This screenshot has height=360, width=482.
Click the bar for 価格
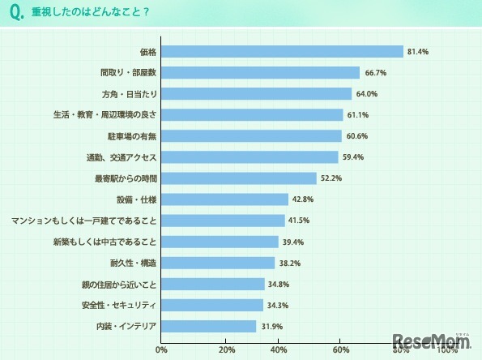[282, 51]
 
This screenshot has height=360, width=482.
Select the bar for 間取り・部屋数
[260, 72]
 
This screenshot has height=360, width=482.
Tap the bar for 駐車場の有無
[251, 135]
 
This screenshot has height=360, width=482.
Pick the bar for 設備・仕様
[224, 199]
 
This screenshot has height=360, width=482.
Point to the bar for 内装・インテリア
[208, 326]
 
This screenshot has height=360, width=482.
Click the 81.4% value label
[419, 51]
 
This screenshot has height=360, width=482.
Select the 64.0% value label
[367, 93]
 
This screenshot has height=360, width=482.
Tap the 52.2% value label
[331, 178]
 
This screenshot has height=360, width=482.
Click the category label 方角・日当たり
[129, 93]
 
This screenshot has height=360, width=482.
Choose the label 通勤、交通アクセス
[121, 156]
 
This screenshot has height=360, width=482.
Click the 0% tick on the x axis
[161, 349]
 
